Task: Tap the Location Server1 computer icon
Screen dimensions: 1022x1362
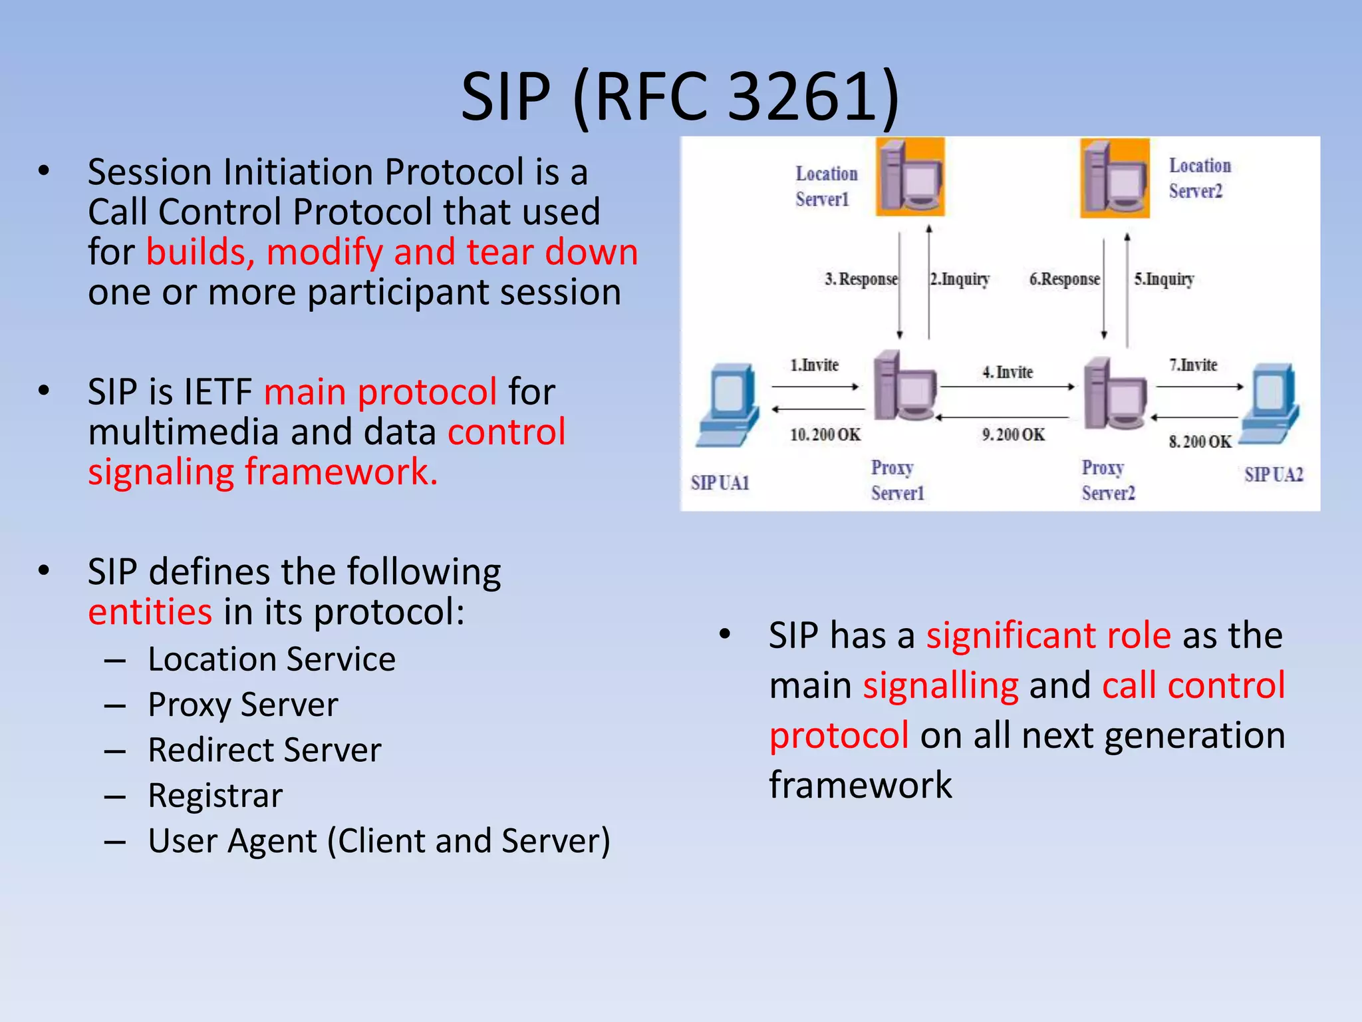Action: click(910, 177)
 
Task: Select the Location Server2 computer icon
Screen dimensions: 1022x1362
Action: click(1115, 178)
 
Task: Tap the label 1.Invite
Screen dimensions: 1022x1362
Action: click(814, 365)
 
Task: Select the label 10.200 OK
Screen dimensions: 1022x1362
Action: click(825, 435)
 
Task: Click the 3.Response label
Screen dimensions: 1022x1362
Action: click(861, 279)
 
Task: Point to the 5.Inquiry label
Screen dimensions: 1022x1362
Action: click(1164, 279)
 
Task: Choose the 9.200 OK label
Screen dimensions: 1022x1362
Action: click(1013, 435)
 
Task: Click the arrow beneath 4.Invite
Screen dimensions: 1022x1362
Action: click(1007, 387)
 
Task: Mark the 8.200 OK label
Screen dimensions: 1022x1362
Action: click(1200, 442)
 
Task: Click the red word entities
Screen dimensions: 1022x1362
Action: click(150, 612)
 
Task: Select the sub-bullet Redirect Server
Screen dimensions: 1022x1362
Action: click(264, 751)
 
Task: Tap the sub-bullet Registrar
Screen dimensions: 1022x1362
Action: click(215, 796)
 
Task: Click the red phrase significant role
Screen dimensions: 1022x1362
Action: click(1048, 635)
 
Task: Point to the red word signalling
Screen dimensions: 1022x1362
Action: click(940, 685)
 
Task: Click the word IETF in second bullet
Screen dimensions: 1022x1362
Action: click(217, 392)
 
